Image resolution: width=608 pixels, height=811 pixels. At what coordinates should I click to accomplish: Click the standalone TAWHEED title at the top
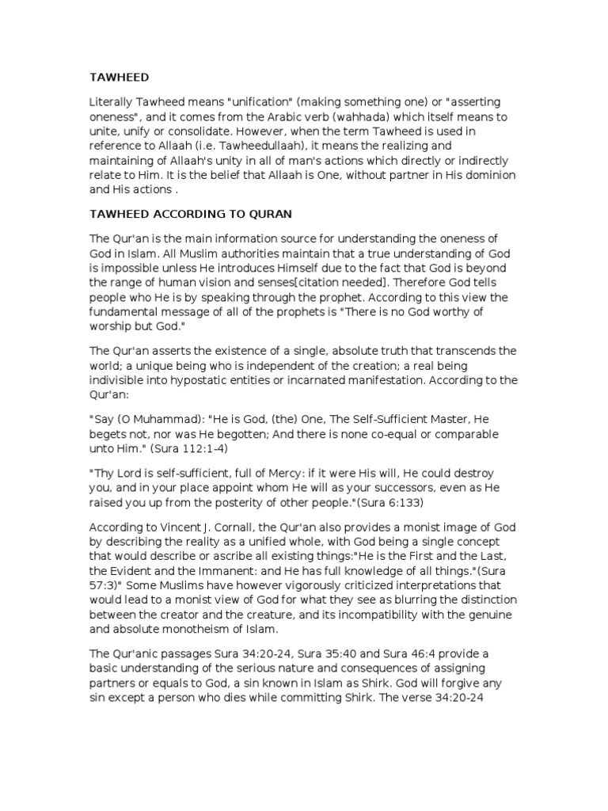[119, 77]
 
